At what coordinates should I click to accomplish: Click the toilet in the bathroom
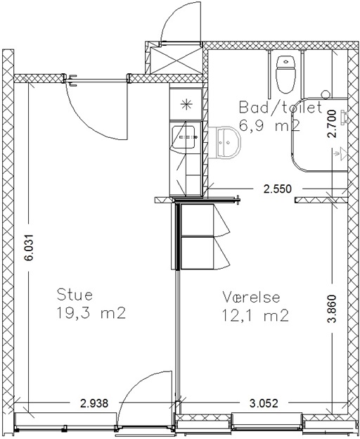pos(286,75)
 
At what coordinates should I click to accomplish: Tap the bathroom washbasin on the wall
pos(224,143)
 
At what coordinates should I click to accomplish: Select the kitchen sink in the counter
pos(184,137)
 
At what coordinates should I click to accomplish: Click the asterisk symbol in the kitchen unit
pos(186,105)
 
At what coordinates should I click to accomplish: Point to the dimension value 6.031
pos(29,247)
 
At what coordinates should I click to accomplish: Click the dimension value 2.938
pos(94,403)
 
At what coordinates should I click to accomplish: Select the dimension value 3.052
pos(264,403)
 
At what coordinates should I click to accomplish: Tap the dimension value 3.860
pos(332,309)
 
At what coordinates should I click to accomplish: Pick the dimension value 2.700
pos(332,124)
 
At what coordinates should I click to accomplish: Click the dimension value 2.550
pos(278,189)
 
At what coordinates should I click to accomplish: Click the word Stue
pos(75,295)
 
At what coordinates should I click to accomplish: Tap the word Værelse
pos(251,297)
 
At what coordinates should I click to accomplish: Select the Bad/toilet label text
pos(281,108)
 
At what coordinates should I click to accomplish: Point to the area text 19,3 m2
pos(91,313)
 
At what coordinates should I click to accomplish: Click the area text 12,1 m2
pos(255,315)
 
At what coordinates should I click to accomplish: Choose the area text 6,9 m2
pos(270,126)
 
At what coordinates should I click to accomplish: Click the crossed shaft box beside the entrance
pos(176,61)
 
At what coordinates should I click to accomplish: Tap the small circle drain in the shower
pos(326,94)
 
